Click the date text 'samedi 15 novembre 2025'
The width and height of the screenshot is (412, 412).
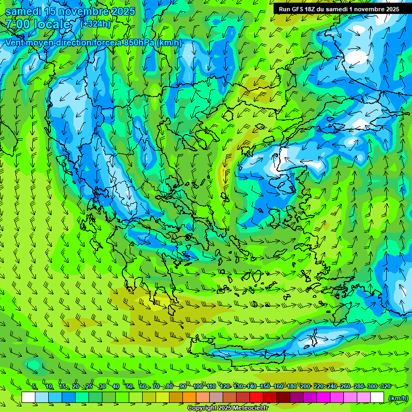(x=70, y=11)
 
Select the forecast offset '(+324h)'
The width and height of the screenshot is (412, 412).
(x=96, y=24)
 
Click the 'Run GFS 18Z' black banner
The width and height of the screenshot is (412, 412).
(x=338, y=9)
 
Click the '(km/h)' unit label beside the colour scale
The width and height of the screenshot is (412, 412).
(x=398, y=398)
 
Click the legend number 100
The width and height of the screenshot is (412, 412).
(x=198, y=386)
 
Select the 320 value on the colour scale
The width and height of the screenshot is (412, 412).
(x=386, y=386)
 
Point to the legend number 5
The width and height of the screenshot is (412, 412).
(x=35, y=386)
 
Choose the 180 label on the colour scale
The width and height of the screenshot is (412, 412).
(x=292, y=386)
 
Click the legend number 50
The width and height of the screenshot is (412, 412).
(x=129, y=386)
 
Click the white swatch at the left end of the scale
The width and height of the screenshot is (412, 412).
(x=28, y=398)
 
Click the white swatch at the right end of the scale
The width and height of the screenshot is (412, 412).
(x=378, y=398)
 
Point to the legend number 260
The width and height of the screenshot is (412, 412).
(x=345, y=386)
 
